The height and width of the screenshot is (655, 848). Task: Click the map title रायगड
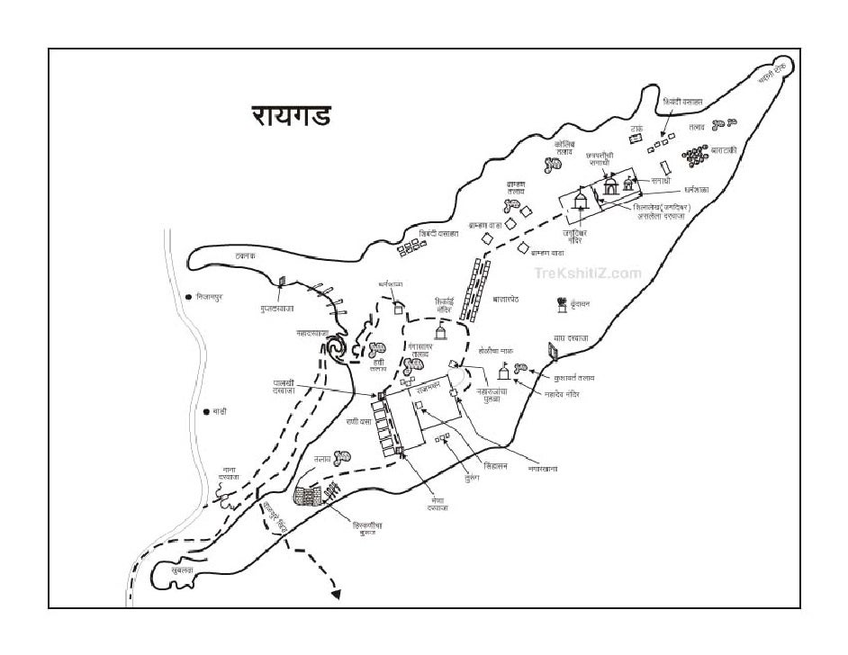[290, 116]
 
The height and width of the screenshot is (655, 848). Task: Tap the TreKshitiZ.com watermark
[588, 273]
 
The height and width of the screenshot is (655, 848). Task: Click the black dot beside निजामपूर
[188, 296]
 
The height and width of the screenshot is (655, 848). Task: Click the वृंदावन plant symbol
[563, 306]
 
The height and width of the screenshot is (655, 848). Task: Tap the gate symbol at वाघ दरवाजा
[552, 350]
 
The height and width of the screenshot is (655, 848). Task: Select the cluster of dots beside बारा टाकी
[695, 157]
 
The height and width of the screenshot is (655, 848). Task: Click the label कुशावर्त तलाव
[573, 379]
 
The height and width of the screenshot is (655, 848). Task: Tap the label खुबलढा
[183, 570]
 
